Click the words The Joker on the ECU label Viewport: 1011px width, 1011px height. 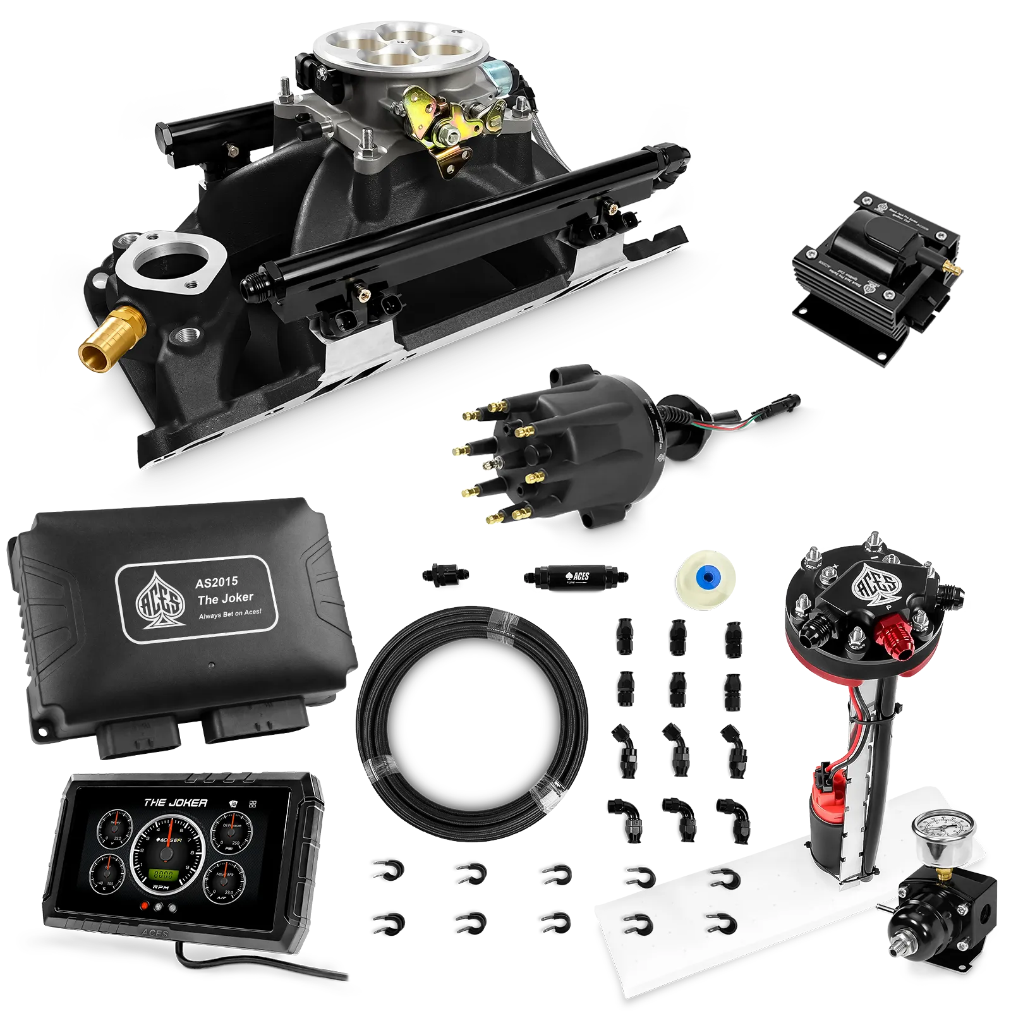pyautogui.click(x=226, y=598)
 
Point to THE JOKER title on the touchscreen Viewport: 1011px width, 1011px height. pyautogui.click(x=175, y=802)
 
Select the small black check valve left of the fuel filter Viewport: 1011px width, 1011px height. pyautogui.click(x=445, y=575)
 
